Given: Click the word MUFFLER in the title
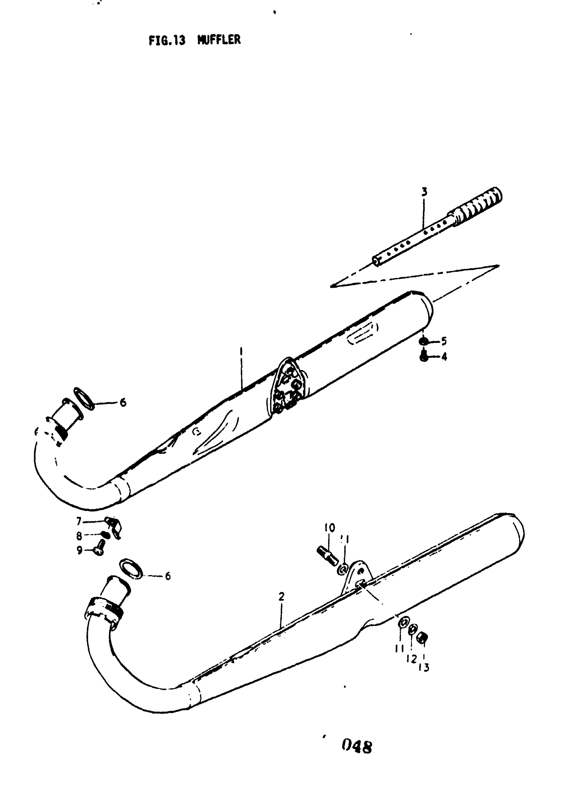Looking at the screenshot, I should click(x=219, y=40).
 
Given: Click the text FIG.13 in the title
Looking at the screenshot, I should click(x=167, y=40).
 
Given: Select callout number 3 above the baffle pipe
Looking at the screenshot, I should click(x=424, y=192).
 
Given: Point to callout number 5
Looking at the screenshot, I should click(x=444, y=341).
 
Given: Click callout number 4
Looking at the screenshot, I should click(x=444, y=357).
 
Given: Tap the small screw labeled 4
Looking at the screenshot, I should click(x=424, y=357).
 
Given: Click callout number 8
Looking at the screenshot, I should click(x=79, y=536).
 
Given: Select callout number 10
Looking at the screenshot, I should click(x=330, y=528).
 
